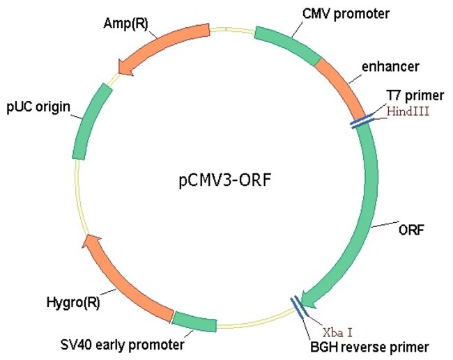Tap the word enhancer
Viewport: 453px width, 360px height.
pos(390,67)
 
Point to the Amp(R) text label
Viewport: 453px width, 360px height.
pos(124,23)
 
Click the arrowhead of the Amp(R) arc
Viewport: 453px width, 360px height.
pos(126,66)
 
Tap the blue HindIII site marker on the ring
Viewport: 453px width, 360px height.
pos(361,122)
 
